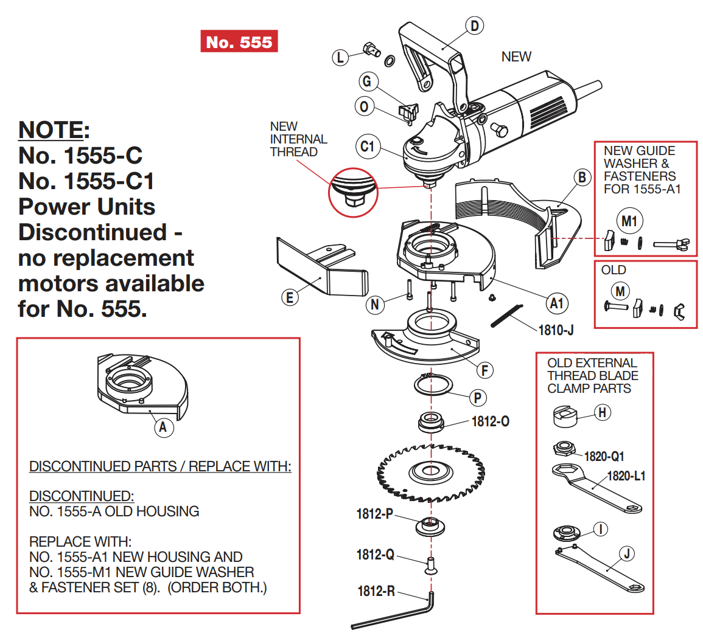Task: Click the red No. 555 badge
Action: pyautogui.click(x=239, y=41)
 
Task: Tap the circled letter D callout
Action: pyautogui.click(x=474, y=26)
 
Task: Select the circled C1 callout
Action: pyautogui.click(x=368, y=147)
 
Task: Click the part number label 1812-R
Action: pyautogui.click(x=376, y=591)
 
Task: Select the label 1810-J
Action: pyautogui.click(x=556, y=330)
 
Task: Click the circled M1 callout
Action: pyautogui.click(x=629, y=221)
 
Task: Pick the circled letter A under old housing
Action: pyautogui.click(x=163, y=427)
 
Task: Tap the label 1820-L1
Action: pyautogui.click(x=626, y=476)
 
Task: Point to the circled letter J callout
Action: pyautogui.click(x=626, y=553)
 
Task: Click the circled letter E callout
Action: pyautogui.click(x=290, y=297)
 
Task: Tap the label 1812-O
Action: pyautogui.click(x=491, y=421)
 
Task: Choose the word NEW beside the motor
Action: pyautogui.click(x=516, y=57)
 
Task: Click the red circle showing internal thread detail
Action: pyautogui.click(x=352, y=191)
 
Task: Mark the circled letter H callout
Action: pyautogui.click(x=602, y=413)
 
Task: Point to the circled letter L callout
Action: pyautogui.click(x=340, y=57)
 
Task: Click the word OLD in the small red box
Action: pyautogui.click(x=613, y=270)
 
